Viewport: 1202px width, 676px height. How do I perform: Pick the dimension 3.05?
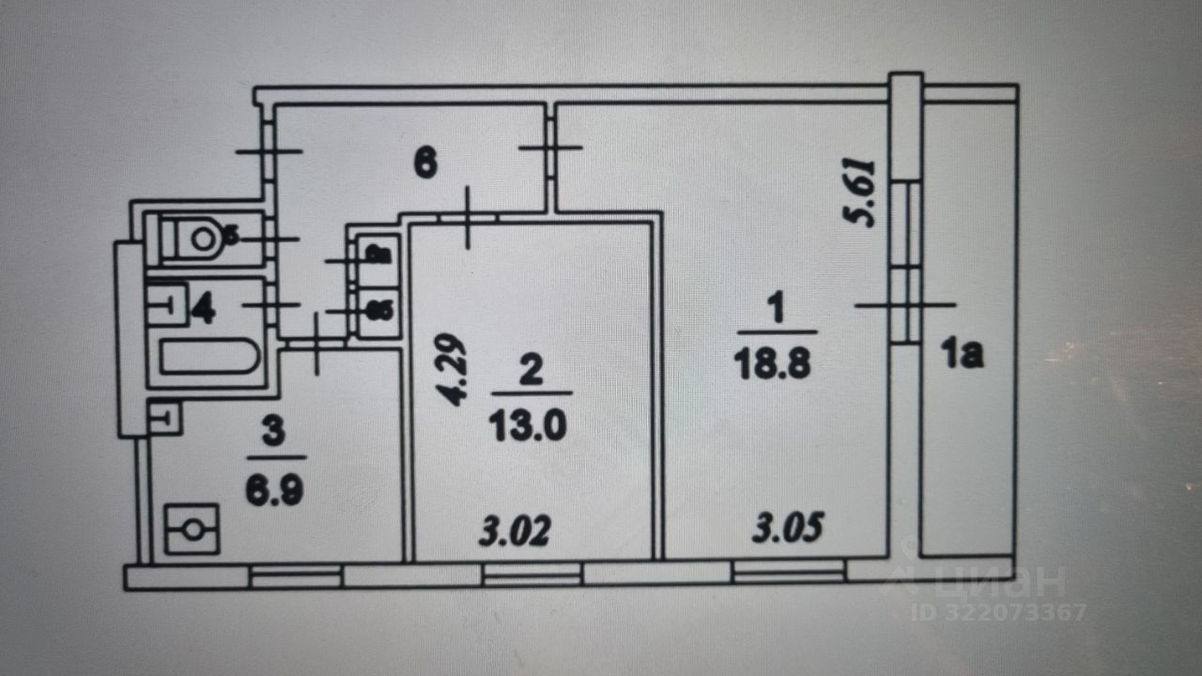[x=788, y=530]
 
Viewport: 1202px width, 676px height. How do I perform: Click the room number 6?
[x=424, y=165]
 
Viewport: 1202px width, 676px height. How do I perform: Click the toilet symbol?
[x=201, y=238]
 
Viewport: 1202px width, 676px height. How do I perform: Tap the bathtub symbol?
[x=208, y=357]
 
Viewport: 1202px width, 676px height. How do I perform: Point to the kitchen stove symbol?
[x=193, y=529]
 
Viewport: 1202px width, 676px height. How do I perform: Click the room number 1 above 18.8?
[x=776, y=308]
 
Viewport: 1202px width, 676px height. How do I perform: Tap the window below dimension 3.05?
[x=789, y=571]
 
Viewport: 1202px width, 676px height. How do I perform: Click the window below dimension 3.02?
[x=532, y=574]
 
